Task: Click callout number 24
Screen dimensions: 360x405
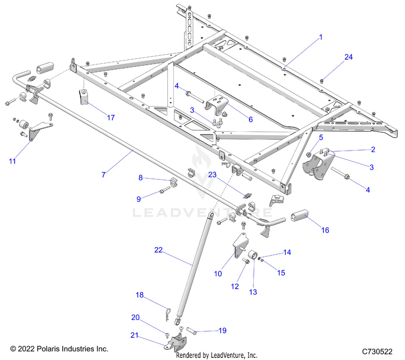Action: (348, 57)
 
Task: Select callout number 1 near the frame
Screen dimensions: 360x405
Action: (320, 37)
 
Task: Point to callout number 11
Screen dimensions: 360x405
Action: (12, 160)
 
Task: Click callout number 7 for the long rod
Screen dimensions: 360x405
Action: (103, 174)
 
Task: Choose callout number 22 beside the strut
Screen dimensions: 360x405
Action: (158, 250)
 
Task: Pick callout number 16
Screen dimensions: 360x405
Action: (325, 215)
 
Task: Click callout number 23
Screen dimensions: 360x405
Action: (212, 175)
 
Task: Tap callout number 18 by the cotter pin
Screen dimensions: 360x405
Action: (139, 295)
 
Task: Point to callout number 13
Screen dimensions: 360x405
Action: (253, 291)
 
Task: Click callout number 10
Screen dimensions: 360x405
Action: (218, 274)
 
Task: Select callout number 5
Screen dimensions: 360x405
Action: (321, 138)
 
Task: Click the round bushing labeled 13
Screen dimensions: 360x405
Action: (252, 256)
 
